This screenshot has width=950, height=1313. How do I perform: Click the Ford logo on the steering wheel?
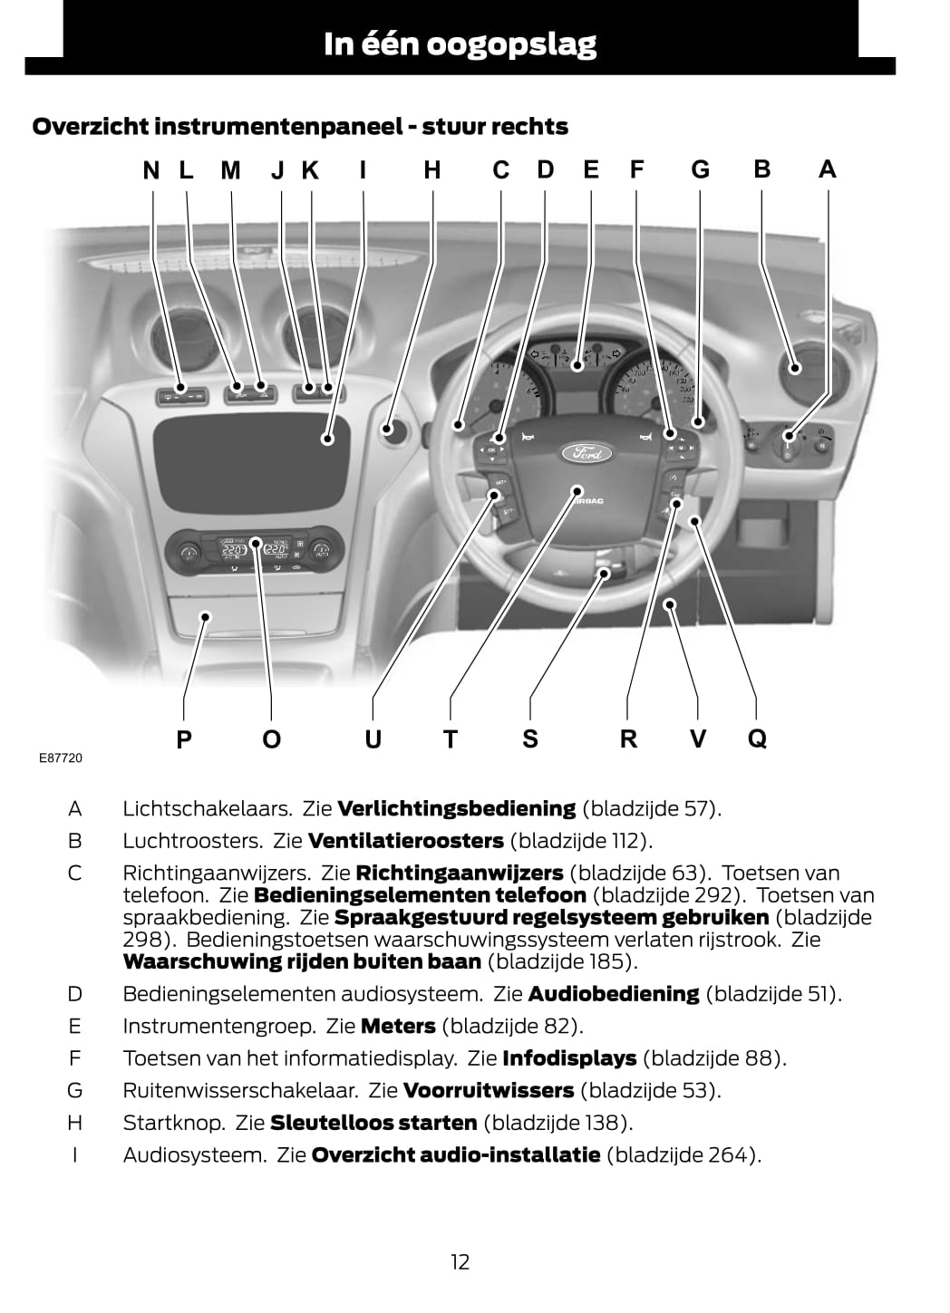[587, 452]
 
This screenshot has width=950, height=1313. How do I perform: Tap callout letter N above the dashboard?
[151, 170]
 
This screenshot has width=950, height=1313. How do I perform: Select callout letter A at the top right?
[828, 169]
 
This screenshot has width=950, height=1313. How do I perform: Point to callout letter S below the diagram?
[530, 739]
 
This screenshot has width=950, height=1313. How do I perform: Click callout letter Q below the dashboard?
[757, 739]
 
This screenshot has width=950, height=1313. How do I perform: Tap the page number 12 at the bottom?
[460, 1261]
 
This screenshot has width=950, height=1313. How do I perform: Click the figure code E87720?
[61, 758]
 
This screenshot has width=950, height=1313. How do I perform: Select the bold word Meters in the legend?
[398, 1027]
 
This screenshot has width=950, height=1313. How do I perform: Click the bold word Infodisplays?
[569, 1058]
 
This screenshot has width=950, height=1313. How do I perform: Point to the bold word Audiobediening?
[614, 994]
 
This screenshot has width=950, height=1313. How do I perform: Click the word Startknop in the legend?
[174, 1123]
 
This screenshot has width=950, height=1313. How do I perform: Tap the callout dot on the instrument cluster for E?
[577, 366]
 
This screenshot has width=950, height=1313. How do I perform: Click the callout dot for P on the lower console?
[205, 617]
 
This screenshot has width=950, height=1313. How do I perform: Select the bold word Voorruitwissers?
[490, 1091]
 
